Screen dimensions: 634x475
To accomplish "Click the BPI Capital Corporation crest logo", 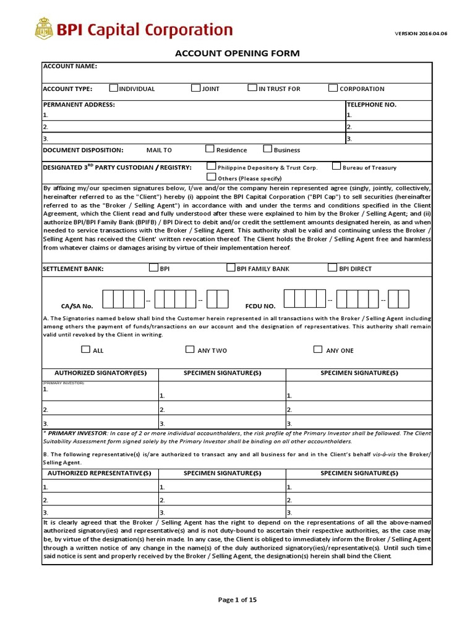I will coord(44,29).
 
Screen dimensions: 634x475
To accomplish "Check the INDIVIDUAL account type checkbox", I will coord(113,88).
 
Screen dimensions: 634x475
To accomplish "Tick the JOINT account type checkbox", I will coord(195,88).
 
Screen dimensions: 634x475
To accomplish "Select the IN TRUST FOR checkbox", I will coord(252,88).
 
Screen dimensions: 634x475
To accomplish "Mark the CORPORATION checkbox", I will coord(333,88).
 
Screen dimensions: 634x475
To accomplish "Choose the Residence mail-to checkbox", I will coord(210,149).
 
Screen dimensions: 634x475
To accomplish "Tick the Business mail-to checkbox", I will coord(268,149).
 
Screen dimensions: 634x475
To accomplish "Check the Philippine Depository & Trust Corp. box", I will coord(212,166).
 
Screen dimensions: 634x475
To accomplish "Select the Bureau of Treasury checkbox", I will coord(336,166).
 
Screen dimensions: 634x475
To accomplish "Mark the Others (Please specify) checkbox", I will coord(212,177).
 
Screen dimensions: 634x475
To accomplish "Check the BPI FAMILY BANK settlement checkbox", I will coord(231,268).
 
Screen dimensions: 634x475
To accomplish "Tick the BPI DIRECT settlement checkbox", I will coord(333,268).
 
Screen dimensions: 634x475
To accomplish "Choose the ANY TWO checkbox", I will coord(190,349).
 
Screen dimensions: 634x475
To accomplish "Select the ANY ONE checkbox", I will coord(318,349).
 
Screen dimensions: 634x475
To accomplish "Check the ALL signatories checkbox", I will coord(85,349).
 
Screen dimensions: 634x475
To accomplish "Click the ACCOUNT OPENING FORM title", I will coord(237,53).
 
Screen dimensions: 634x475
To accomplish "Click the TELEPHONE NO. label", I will coord(371,105).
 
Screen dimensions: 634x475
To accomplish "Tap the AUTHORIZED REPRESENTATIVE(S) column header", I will coord(100,474).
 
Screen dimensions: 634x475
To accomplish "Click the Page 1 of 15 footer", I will coord(237,599).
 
